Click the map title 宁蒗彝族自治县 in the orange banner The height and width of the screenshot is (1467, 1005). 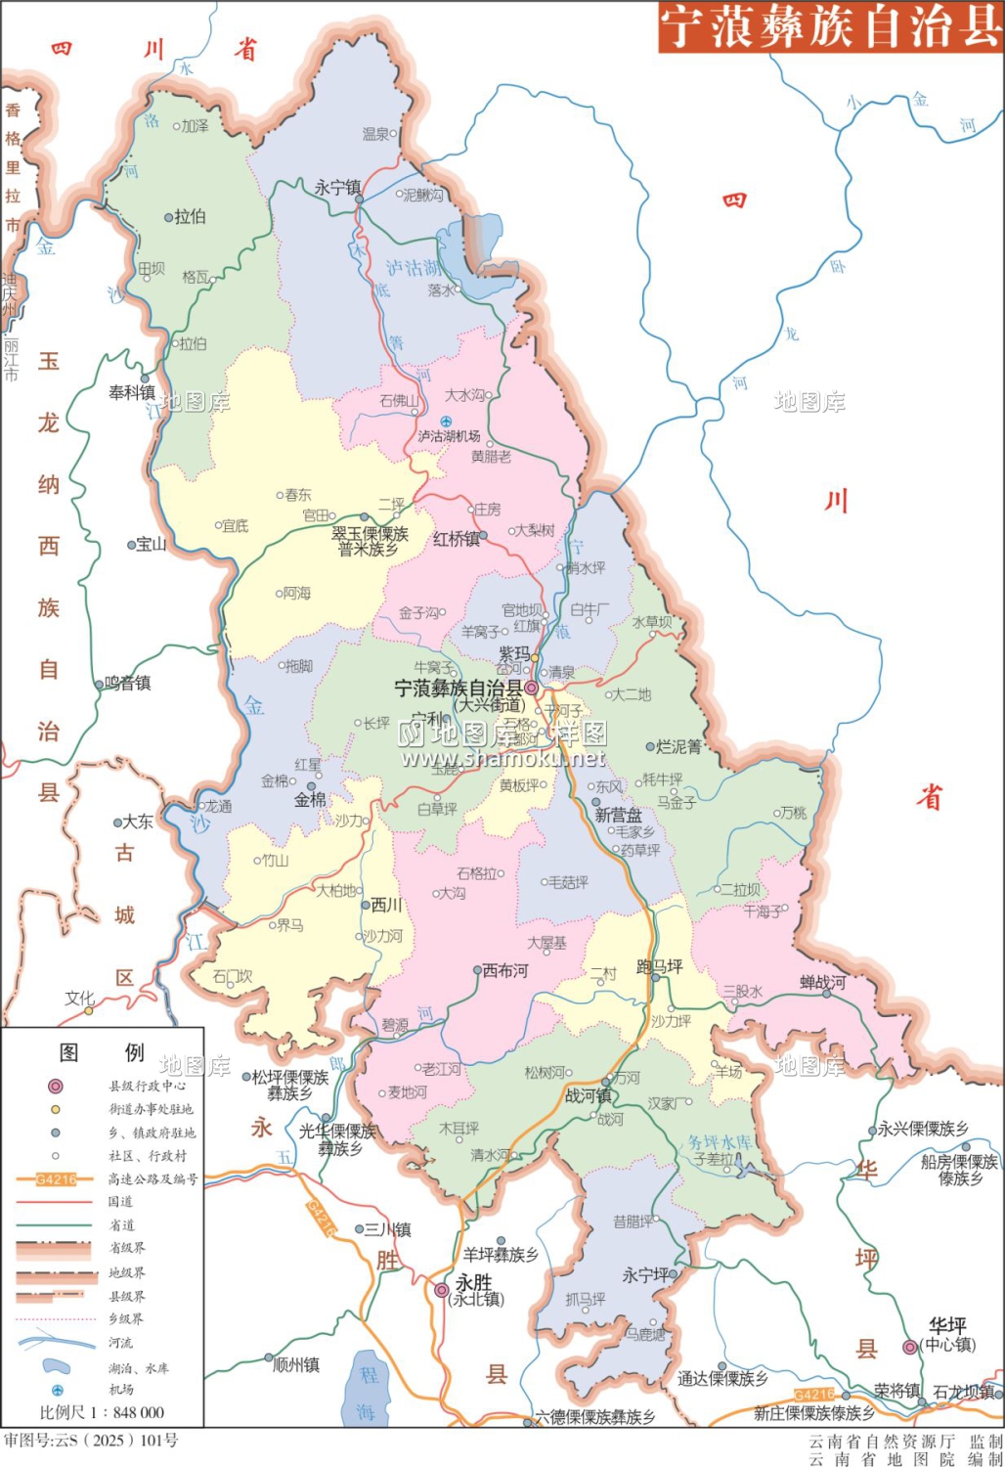pyautogui.click(x=830, y=26)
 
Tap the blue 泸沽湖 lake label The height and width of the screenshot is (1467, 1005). pyautogui.click(x=412, y=267)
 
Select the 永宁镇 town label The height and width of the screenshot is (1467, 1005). pyautogui.click(x=337, y=187)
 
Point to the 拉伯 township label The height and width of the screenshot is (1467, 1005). pyautogui.click(x=190, y=217)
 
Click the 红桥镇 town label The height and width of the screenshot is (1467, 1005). pyautogui.click(x=456, y=539)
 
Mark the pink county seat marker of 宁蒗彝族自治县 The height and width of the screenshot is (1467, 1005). pyautogui.click(x=532, y=689)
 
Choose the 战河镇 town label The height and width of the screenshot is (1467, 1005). pyautogui.click(x=589, y=1096)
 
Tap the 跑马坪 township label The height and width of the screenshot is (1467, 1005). pyautogui.click(x=660, y=966)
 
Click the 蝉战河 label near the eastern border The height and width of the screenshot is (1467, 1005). pyautogui.click(x=822, y=982)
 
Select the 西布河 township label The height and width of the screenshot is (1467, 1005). pyautogui.click(x=504, y=971)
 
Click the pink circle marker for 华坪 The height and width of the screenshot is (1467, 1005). pyautogui.click(x=910, y=1347)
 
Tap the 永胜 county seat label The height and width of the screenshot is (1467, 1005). pyautogui.click(x=474, y=1282)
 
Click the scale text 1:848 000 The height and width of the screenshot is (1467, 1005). pyautogui.click(x=102, y=1412)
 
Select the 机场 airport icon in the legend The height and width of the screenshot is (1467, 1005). pyautogui.click(x=57, y=1390)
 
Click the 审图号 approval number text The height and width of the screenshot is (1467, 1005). pyautogui.click(x=91, y=1441)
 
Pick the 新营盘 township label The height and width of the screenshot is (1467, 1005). pyautogui.click(x=618, y=815)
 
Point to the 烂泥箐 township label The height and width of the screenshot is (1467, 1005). pyautogui.click(x=678, y=746)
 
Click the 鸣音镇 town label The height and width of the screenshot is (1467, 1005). pyautogui.click(x=128, y=684)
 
